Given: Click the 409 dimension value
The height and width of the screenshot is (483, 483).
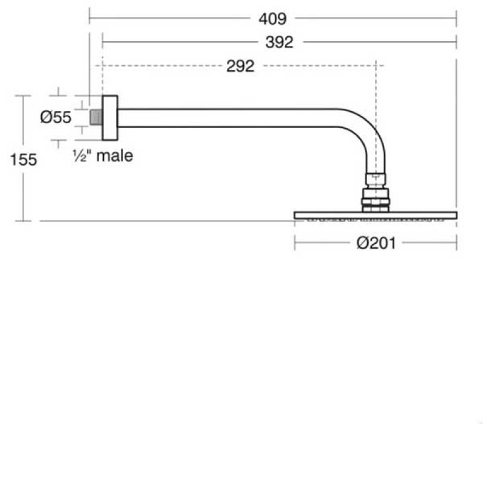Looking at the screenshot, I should [272, 19].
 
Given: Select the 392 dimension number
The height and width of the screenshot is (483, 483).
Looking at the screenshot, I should [280, 42].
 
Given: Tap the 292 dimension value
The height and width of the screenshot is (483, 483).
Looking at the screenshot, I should [240, 66].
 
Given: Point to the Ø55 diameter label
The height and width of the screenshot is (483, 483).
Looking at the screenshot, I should [56, 118].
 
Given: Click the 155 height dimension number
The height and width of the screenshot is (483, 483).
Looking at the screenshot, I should [24, 159].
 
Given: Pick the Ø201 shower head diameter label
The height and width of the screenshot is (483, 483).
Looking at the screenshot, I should [376, 243].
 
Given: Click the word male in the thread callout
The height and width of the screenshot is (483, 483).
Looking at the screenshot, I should [115, 156].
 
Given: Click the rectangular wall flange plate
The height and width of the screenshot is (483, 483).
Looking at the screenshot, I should [109, 117].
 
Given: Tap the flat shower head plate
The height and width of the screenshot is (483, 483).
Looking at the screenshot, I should [376, 215].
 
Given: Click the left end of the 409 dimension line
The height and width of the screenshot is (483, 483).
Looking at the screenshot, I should [90, 18].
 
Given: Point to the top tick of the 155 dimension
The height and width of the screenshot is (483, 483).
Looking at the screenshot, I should [23, 95].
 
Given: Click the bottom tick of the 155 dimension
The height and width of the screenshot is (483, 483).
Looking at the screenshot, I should [23, 221].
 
